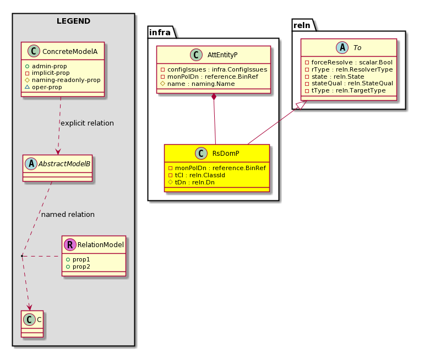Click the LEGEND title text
point(73,21)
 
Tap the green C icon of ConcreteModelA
point(34,51)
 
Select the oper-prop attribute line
point(44,88)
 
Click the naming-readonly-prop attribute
point(63,80)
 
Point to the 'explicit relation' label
point(87,123)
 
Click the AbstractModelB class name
point(64,164)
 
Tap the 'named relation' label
point(68,215)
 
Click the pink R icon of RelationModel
point(70,244)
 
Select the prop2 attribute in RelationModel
point(78,267)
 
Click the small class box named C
point(32,324)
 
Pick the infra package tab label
point(160,32)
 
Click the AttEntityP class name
point(222,55)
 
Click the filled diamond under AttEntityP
point(214,97)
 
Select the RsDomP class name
point(226,154)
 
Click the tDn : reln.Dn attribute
point(192,182)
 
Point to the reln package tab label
point(302,25)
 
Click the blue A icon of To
point(343,47)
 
